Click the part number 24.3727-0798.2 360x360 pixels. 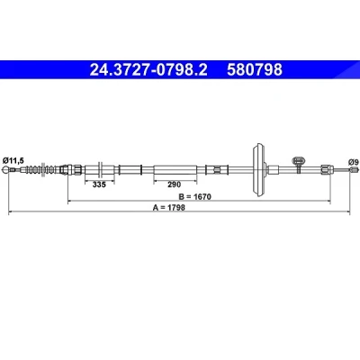148,70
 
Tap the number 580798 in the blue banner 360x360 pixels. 255,70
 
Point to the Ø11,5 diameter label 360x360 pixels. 13,161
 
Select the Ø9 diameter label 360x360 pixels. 354,162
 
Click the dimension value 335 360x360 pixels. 99,184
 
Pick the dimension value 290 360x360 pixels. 175,184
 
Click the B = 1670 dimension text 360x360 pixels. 195,197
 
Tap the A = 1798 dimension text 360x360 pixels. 169,207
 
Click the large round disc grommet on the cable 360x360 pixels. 258,170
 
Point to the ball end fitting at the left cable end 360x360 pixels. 5,170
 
